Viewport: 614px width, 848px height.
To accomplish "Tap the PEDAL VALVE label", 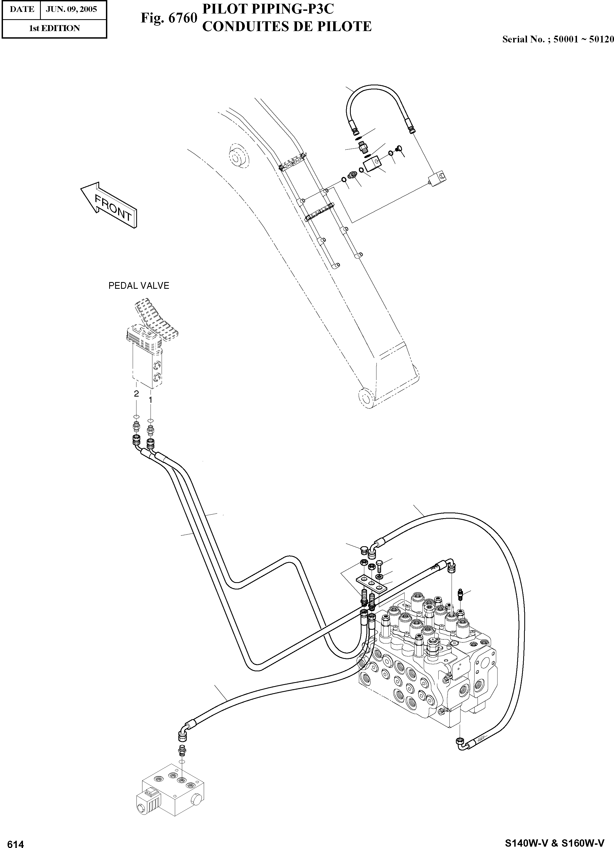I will [139, 286].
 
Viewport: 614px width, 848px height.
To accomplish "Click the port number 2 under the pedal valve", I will [136, 393].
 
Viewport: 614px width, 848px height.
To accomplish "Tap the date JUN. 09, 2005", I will [71, 9].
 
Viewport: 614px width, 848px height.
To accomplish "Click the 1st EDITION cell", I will [54, 28].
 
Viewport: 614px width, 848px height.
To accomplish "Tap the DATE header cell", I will [22, 9].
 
